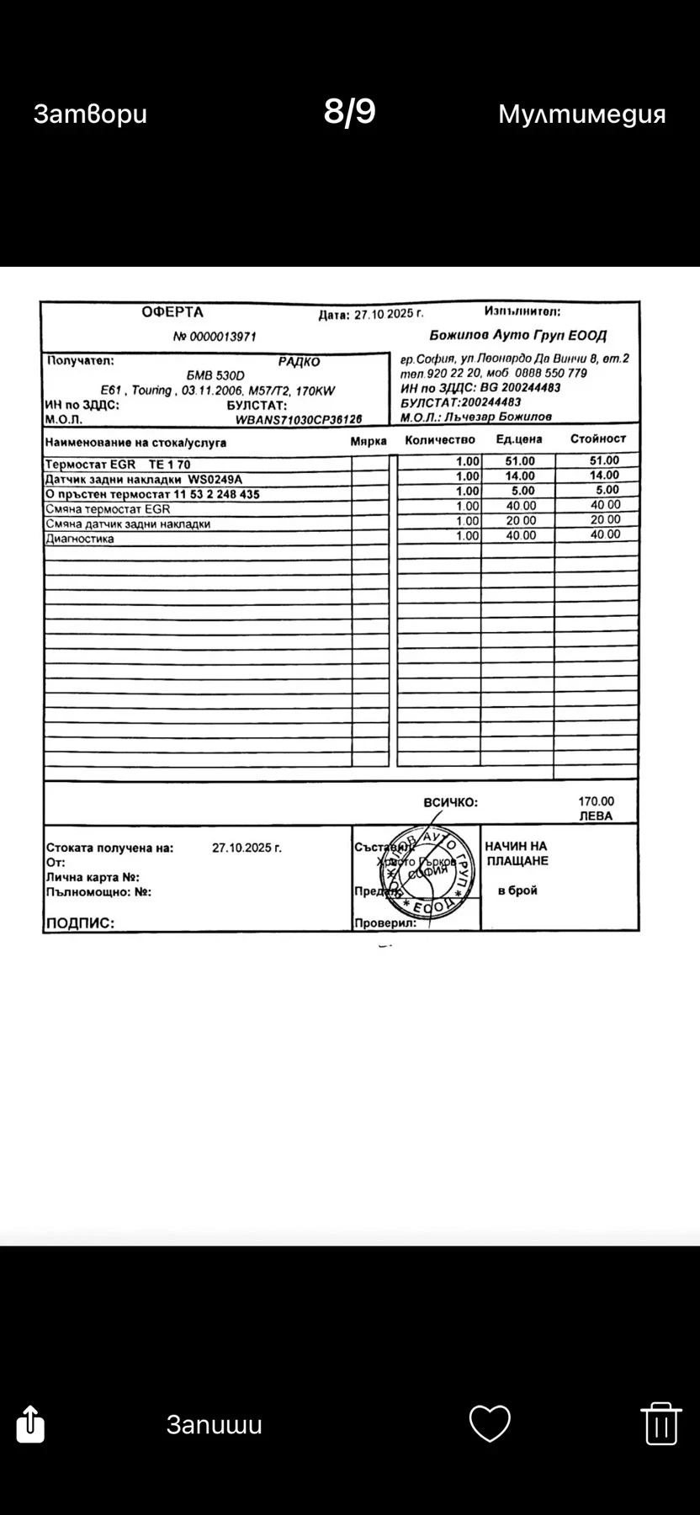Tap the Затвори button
click(90, 114)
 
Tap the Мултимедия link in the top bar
click(581, 114)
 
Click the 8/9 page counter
click(349, 112)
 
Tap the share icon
click(30, 1423)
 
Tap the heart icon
click(490, 1423)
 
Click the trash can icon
click(660, 1423)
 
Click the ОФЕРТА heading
click(172, 312)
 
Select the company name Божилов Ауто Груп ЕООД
click(517, 336)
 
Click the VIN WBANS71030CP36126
click(299, 419)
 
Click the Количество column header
click(439, 440)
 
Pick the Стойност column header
click(598, 439)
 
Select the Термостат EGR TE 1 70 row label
click(118, 465)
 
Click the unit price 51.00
click(520, 461)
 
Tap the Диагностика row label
click(80, 539)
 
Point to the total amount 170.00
click(596, 801)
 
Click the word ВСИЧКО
click(450, 802)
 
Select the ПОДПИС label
click(80, 922)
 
